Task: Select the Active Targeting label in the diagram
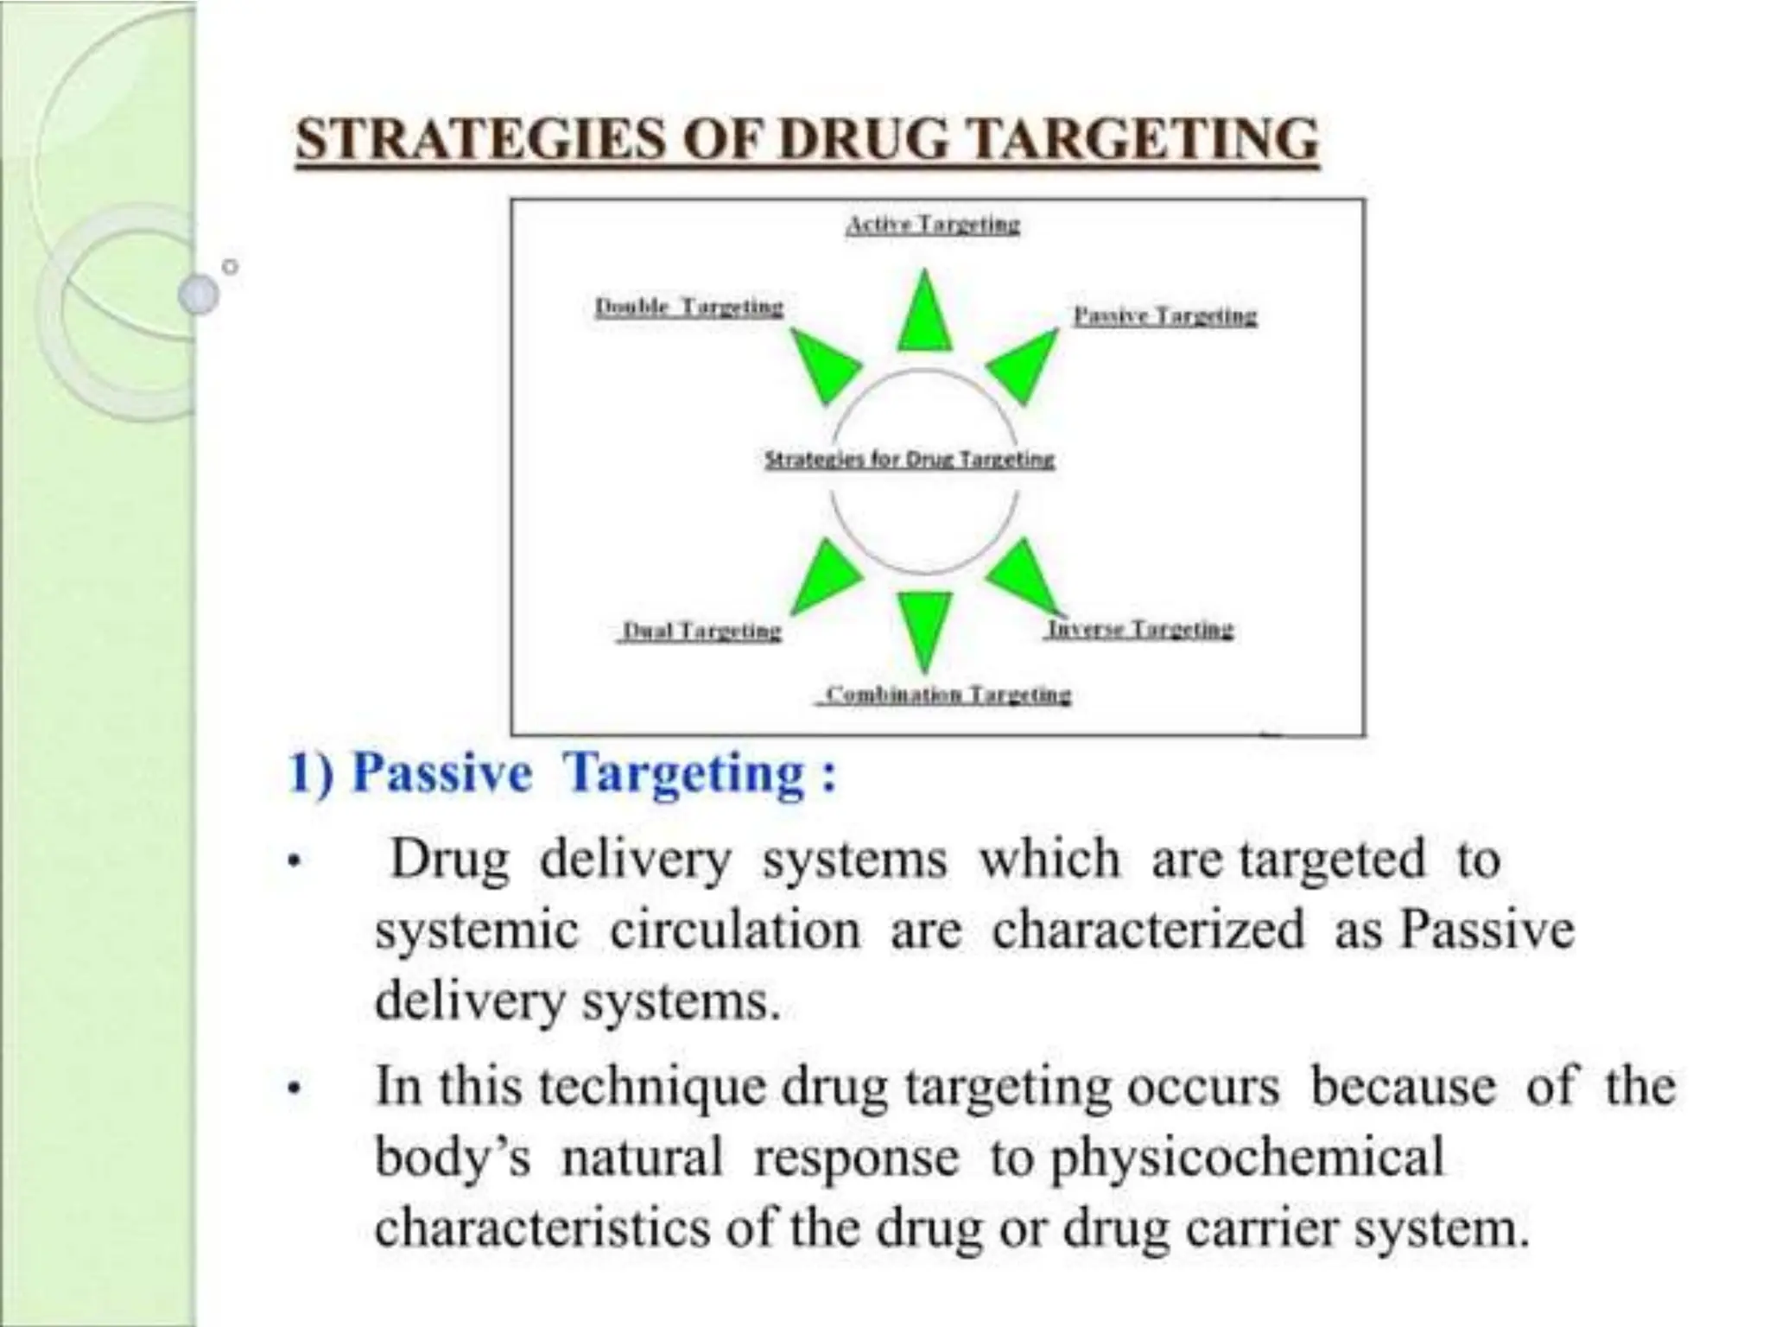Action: point(932,225)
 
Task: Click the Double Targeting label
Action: point(688,307)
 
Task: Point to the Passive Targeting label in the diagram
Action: point(1164,316)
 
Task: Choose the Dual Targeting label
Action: point(701,632)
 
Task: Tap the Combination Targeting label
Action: point(947,694)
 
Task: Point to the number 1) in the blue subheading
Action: point(311,771)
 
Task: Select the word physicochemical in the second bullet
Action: point(1246,1157)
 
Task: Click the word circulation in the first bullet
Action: point(735,930)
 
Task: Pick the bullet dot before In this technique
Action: point(295,1090)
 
